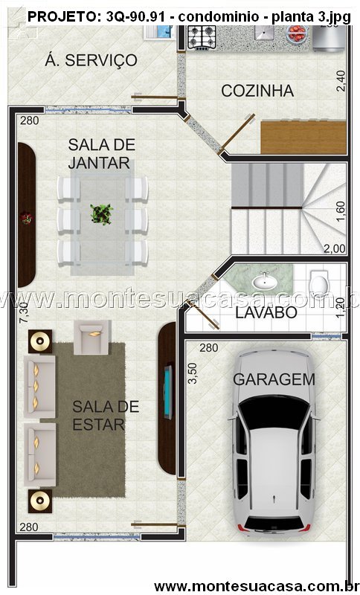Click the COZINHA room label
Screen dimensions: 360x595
pyautogui.click(x=257, y=91)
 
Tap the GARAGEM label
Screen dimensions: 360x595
pyautogui.click(x=274, y=379)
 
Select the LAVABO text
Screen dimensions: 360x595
pyautogui.click(x=266, y=312)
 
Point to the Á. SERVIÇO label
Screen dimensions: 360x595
pyautogui.click(x=91, y=60)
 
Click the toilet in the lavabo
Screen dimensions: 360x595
pyautogui.click(x=318, y=283)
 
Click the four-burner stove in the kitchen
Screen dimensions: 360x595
pyautogui.click(x=202, y=37)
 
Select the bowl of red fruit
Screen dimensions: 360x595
pyautogui.click(x=297, y=33)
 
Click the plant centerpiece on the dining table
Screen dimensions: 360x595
pyautogui.click(x=102, y=214)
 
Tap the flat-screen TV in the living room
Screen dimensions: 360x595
pyautogui.click(x=167, y=392)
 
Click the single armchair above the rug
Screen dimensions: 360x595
pyautogui.click(x=91, y=337)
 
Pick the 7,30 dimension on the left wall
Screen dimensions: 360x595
pyautogui.click(x=24, y=312)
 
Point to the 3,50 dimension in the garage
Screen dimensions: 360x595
pyautogui.click(x=193, y=373)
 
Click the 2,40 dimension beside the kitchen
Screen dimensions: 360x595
pyautogui.click(x=341, y=81)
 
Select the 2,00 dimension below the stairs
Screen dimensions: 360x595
pyautogui.click(x=334, y=248)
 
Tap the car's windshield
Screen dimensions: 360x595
pyautogui.click(x=274, y=413)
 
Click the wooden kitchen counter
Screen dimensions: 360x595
pyautogui.click(x=303, y=137)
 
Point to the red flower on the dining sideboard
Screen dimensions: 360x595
pyautogui.click(x=26, y=218)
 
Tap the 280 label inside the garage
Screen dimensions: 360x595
pyautogui.click(x=209, y=347)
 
